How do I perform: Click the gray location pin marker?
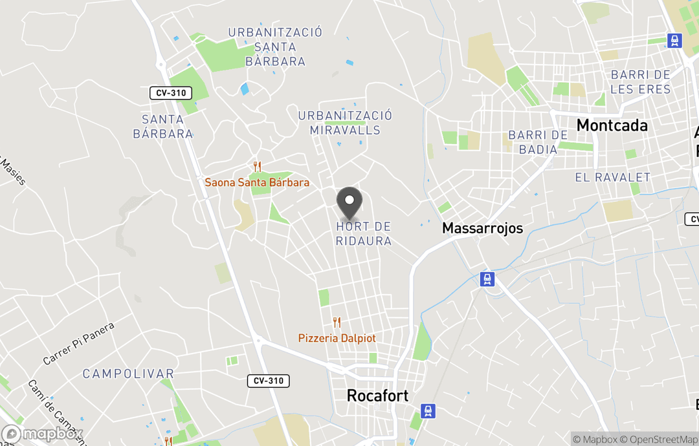pos(349,202)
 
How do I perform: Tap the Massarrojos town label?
pos(482,228)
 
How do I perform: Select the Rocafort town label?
pos(378,396)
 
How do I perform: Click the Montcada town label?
pos(612,125)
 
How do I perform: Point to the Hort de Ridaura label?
pos(364,234)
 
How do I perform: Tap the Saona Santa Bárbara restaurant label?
pos(257,182)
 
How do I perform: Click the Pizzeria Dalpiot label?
pos(337,338)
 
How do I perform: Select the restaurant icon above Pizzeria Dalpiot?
pos(337,322)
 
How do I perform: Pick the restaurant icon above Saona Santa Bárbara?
pos(257,167)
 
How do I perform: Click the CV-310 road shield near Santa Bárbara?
pos(171,93)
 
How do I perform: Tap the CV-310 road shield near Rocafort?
pos(268,381)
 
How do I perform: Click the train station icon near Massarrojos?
pos(487,279)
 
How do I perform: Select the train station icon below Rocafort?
pos(427,410)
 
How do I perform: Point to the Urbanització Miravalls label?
pos(345,123)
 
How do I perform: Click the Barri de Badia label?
pos(538,142)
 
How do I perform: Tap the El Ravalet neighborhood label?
pos(612,177)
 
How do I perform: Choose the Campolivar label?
pos(128,374)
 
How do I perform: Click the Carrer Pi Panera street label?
pos(78,343)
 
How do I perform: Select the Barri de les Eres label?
pos(640,82)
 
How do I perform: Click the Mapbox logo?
pos(42,434)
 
